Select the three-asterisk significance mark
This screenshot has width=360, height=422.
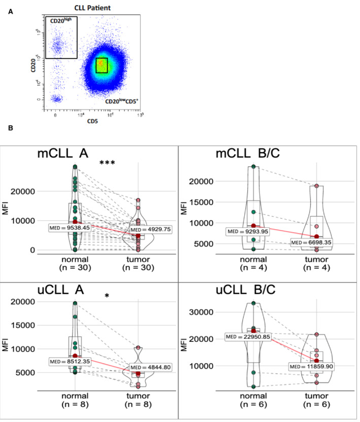(109, 163)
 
